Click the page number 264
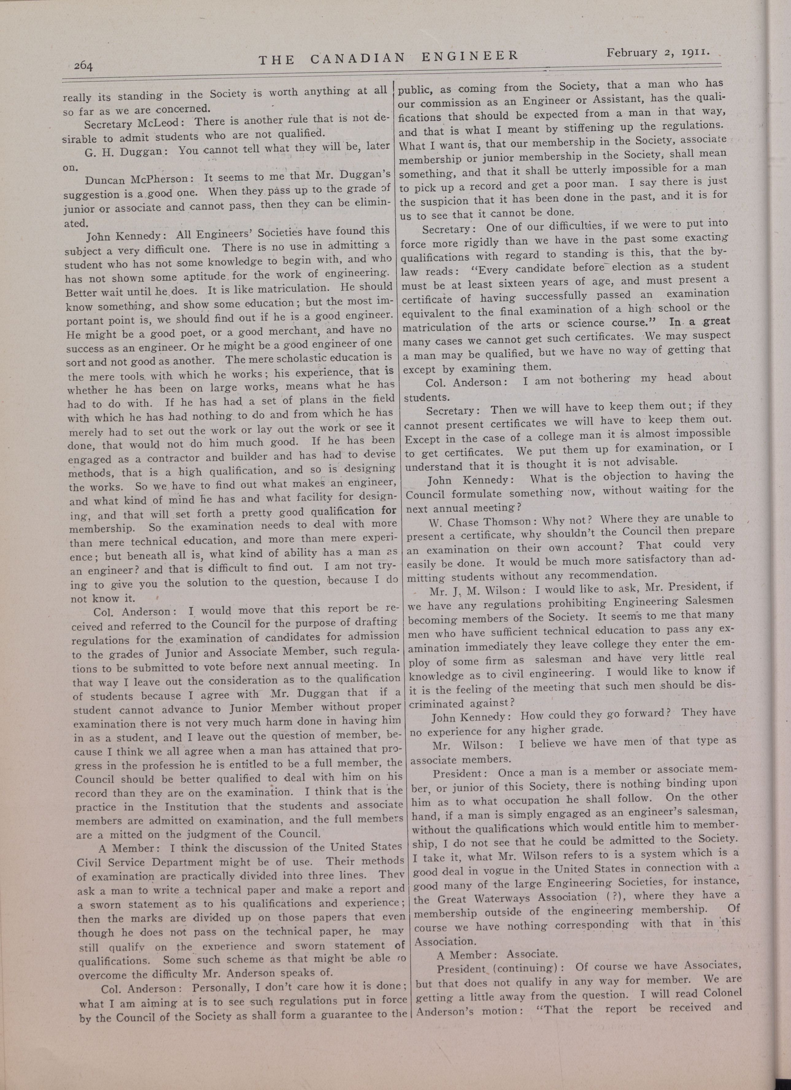pos(83,66)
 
